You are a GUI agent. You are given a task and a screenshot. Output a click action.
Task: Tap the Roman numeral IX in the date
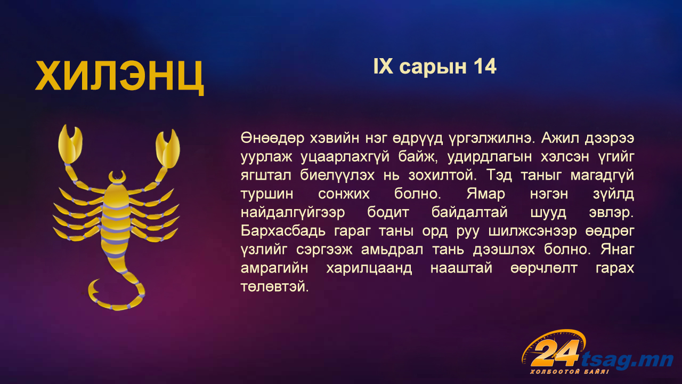pos(383,67)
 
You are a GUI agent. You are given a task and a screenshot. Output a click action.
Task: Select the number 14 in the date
pos(485,67)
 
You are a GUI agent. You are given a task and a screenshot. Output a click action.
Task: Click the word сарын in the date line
pos(433,68)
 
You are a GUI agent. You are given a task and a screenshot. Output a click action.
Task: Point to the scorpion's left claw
pos(70,144)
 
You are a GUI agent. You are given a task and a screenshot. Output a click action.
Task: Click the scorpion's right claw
pos(168,148)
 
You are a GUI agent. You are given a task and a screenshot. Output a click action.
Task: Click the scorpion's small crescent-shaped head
pos(117,177)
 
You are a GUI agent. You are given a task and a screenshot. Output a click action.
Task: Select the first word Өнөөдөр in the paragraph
pos(272,138)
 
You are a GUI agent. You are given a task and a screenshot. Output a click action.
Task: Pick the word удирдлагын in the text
pos(490,157)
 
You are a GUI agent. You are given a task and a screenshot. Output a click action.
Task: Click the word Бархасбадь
pos(283,231)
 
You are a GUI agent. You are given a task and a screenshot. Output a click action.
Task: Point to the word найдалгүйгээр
pos(293,213)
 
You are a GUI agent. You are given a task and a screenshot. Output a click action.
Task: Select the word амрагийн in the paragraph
pos(274,268)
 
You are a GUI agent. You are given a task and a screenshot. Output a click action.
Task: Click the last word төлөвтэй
pos(274,287)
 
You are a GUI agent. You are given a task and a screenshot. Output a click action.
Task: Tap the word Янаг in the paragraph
pos(618,250)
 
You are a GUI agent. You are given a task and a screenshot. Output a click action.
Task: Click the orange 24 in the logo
pos(554,354)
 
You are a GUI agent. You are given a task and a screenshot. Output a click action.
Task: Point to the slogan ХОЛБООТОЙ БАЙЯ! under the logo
pos(570,372)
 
